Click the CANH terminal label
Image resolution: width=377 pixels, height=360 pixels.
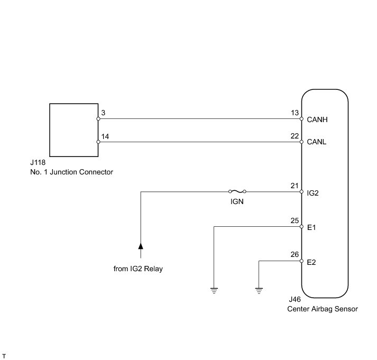317,119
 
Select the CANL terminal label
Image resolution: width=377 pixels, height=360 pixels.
316,142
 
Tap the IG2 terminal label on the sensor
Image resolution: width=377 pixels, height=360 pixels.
312,193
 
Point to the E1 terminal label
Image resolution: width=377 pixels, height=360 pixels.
311,227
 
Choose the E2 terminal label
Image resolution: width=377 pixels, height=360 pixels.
311,262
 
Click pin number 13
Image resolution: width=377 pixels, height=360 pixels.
295,113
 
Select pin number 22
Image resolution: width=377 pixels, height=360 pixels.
295,136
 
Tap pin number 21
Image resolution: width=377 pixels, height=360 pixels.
295,186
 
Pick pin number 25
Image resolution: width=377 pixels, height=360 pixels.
295,220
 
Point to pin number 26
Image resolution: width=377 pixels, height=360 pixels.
295,254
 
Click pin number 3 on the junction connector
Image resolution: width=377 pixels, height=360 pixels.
103,113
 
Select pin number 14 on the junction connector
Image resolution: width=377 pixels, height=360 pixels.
105,136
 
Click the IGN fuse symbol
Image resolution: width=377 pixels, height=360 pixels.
237,191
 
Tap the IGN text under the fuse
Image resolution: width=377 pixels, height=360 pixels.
237,201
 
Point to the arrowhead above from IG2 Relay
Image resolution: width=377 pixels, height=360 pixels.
141,246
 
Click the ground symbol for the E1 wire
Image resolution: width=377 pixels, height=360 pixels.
214,291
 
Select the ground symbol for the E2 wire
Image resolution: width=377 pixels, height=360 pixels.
259,291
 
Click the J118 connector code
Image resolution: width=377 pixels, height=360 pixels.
38,162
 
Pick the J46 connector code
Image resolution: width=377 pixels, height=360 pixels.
295,299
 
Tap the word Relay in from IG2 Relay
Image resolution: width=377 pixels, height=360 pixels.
153,269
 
